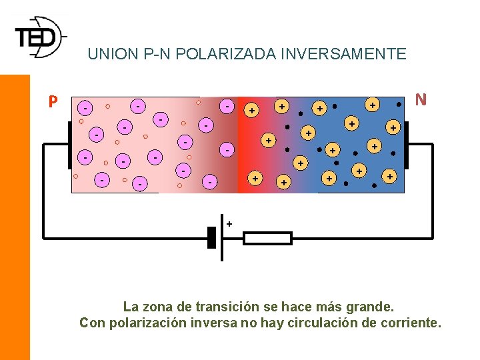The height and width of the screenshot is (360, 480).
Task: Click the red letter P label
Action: coord(53,102)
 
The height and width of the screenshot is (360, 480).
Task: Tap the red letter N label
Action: coord(421,99)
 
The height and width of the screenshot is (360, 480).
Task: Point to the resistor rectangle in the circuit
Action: coord(267,238)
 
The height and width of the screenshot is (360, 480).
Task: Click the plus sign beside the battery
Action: coord(229,224)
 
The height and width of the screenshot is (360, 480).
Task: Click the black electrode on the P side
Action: coord(69,145)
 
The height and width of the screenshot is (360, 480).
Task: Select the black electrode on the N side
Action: coord(406,145)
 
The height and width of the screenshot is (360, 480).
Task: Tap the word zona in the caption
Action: coord(155,307)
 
